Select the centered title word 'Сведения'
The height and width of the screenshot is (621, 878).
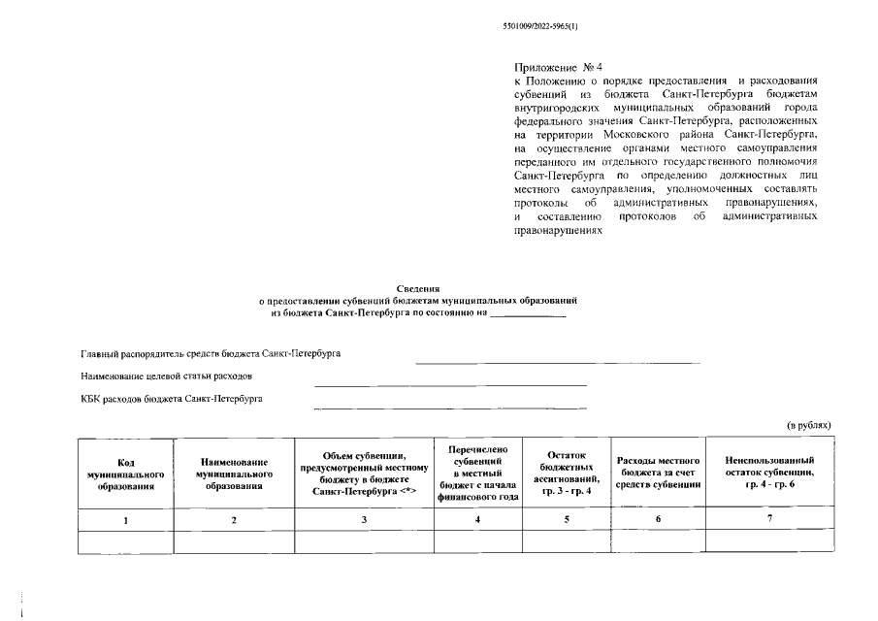418,289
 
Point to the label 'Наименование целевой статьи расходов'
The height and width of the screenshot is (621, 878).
167,376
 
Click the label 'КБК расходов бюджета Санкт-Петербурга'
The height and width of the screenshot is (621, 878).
171,398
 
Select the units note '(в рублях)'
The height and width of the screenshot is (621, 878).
808,425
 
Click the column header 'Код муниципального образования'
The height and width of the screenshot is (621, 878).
125,473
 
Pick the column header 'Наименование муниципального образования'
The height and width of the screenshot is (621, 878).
234,473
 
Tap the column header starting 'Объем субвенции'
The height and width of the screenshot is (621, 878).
364,473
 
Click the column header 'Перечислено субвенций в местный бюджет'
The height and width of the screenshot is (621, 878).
478,473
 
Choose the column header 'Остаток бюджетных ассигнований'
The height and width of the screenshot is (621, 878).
569,473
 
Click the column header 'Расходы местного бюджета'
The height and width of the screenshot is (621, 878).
659,473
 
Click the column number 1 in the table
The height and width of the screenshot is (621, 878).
125,521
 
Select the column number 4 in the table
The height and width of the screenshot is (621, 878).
478,521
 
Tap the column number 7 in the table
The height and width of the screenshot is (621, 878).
769,519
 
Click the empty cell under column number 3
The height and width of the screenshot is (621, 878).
364,542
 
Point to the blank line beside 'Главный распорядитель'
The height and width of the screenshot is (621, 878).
558,361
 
